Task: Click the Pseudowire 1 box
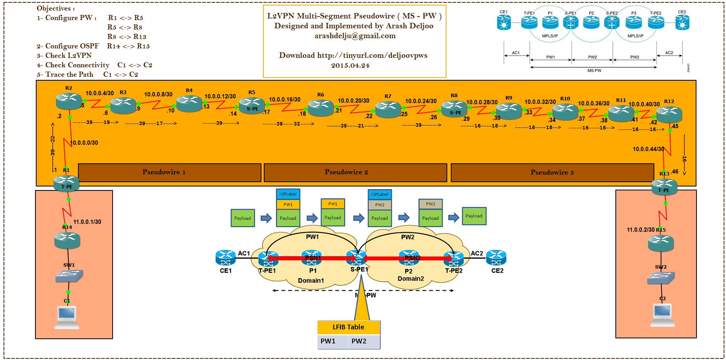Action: click(x=169, y=172)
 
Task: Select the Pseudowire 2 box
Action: click(x=355, y=172)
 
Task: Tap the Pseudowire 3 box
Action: click(x=552, y=172)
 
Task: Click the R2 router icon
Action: click(x=69, y=101)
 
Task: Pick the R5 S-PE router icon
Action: click(x=252, y=105)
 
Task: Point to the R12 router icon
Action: click(x=669, y=114)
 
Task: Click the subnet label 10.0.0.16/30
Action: click(x=285, y=100)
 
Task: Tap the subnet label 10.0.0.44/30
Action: click(x=648, y=149)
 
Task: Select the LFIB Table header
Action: click(x=348, y=327)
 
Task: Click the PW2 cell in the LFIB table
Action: click(x=359, y=341)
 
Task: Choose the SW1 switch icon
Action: click(x=69, y=276)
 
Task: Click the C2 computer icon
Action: click(x=662, y=315)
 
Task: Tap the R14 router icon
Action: click(x=67, y=240)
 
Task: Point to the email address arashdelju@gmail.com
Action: click(x=355, y=36)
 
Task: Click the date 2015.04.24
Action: click(x=350, y=65)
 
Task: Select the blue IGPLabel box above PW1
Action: click(x=288, y=194)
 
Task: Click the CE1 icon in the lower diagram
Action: click(x=225, y=258)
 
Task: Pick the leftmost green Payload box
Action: click(x=243, y=218)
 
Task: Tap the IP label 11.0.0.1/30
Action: click(x=87, y=222)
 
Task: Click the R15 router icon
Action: click(x=661, y=243)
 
